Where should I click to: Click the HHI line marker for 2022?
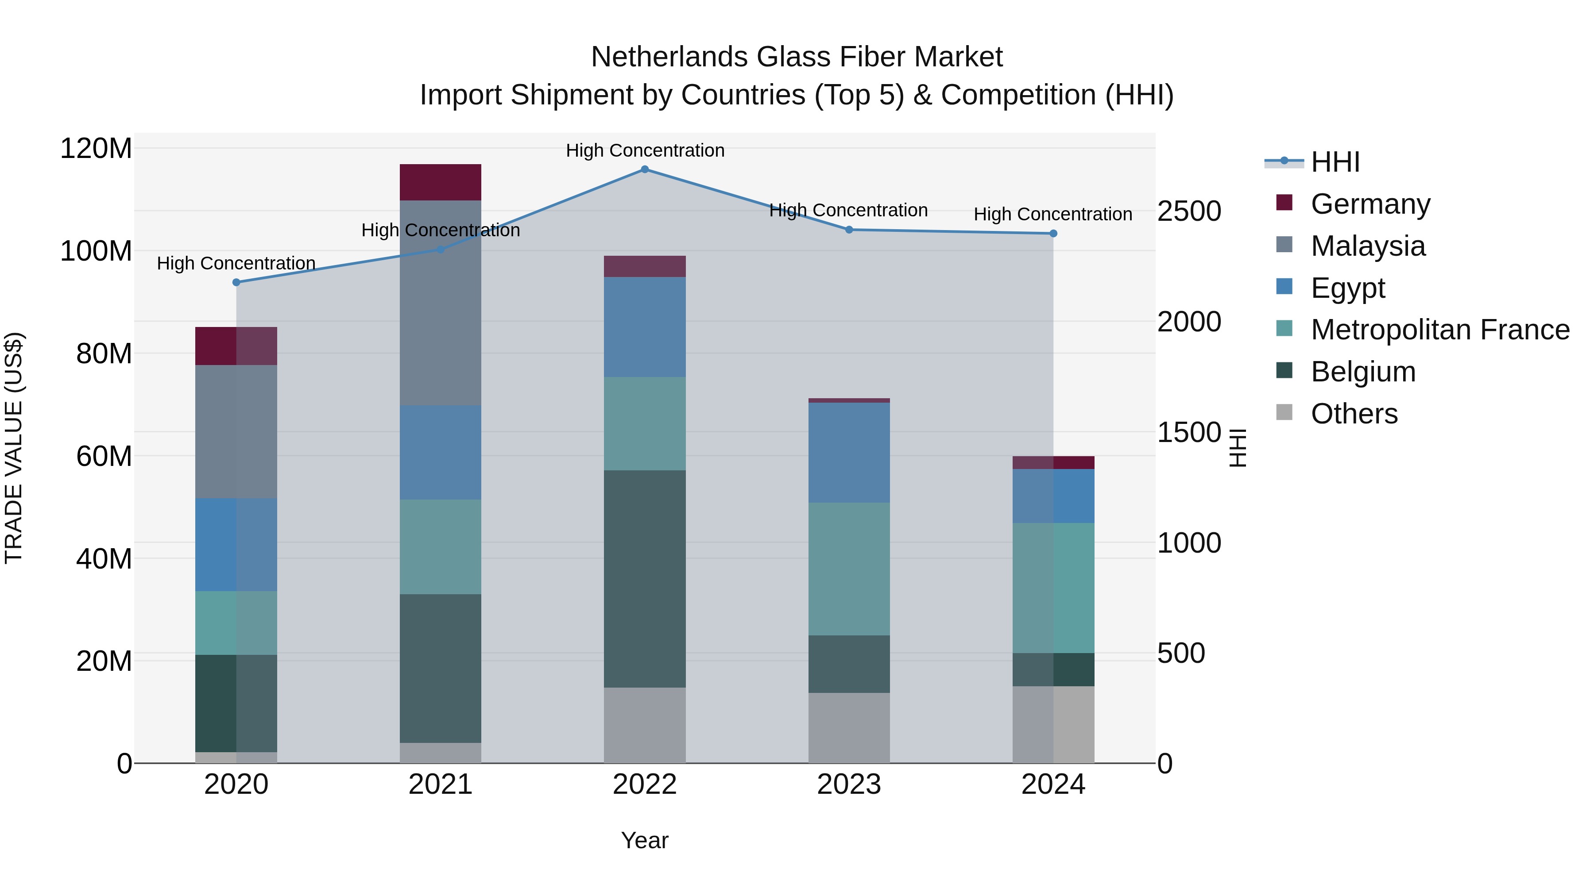pos(644,169)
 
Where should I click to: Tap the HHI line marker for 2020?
pos(236,283)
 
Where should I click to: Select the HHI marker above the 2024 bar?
pos(1053,234)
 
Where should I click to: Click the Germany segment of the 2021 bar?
pos(440,182)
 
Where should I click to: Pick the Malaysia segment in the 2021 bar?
pos(440,303)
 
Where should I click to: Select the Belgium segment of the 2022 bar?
pos(644,579)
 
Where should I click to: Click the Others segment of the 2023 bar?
pos(848,728)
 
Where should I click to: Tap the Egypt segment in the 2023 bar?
pos(848,453)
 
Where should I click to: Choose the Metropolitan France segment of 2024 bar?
pos(1053,588)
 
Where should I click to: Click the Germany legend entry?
pos(1370,204)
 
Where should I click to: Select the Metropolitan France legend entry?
pos(1439,330)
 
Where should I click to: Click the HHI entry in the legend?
pos(1334,162)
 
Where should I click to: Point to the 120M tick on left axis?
pos(96,149)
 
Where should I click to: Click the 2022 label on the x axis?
pos(644,784)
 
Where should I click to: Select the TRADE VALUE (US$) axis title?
pos(14,448)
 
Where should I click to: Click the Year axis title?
pos(644,840)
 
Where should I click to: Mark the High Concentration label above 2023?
pos(848,210)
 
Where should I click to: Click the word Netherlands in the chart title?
pos(669,57)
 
